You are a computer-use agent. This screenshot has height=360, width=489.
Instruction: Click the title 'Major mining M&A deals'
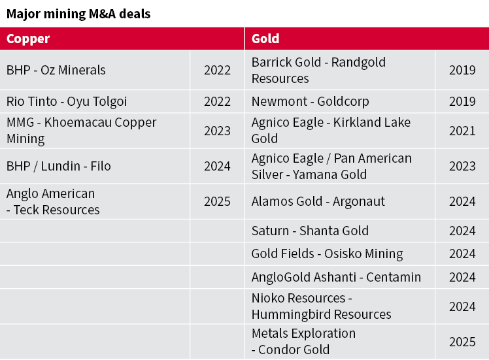tap(78, 13)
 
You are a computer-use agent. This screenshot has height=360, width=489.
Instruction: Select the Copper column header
tap(28, 39)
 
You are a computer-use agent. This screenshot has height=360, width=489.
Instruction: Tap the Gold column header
tap(265, 39)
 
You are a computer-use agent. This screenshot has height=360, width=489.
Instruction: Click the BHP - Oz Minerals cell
tap(56, 70)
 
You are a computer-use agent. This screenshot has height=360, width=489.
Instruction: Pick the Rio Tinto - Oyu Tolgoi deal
tap(67, 101)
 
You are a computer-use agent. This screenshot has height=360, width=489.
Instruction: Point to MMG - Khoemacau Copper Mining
tap(82, 131)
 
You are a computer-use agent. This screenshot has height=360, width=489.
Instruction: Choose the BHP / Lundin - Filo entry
tap(59, 166)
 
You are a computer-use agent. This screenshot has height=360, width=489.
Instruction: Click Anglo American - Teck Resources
tap(53, 201)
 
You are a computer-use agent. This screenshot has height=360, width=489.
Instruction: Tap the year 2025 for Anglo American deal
tap(217, 201)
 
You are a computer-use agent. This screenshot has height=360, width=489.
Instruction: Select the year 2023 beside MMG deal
tap(217, 131)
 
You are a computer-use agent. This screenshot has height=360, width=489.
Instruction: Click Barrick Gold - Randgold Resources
tap(318, 70)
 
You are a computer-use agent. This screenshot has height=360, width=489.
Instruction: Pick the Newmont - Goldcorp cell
tap(311, 101)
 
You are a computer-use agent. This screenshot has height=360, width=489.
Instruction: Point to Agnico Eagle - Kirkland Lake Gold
tap(331, 131)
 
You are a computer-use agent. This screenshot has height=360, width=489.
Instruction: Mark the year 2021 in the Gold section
tap(462, 131)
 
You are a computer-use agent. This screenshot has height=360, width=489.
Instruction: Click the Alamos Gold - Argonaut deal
tap(318, 201)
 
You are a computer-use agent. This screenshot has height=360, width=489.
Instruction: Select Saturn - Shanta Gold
tap(310, 231)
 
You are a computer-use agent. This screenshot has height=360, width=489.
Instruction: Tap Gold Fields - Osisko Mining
tap(327, 254)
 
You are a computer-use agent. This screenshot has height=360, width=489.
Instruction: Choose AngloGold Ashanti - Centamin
tap(336, 277)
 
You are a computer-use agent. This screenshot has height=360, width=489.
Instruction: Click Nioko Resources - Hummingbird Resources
tap(321, 306)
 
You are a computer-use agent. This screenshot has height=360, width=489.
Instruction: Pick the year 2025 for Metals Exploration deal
tap(462, 342)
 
